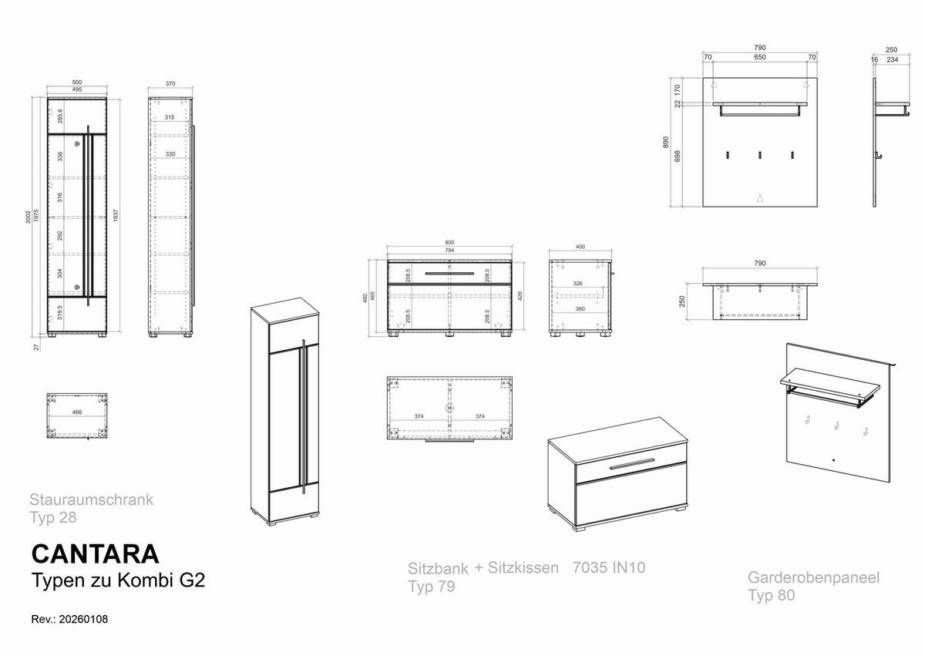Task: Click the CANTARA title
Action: [x=95, y=553]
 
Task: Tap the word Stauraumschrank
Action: [x=91, y=500]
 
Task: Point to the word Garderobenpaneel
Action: [x=813, y=577]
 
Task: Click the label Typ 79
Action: [x=431, y=587]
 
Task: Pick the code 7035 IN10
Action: [x=609, y=568]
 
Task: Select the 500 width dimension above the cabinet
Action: [x=77, y=82]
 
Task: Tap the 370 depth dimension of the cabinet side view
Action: [x=170, y=82]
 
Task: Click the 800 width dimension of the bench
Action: [x=449, y=243]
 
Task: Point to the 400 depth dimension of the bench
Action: [x=580, y=247]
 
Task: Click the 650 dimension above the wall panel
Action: [x=759, y=57]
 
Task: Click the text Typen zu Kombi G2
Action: [x=117, y=580]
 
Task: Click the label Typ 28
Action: [x=52, y=517]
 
